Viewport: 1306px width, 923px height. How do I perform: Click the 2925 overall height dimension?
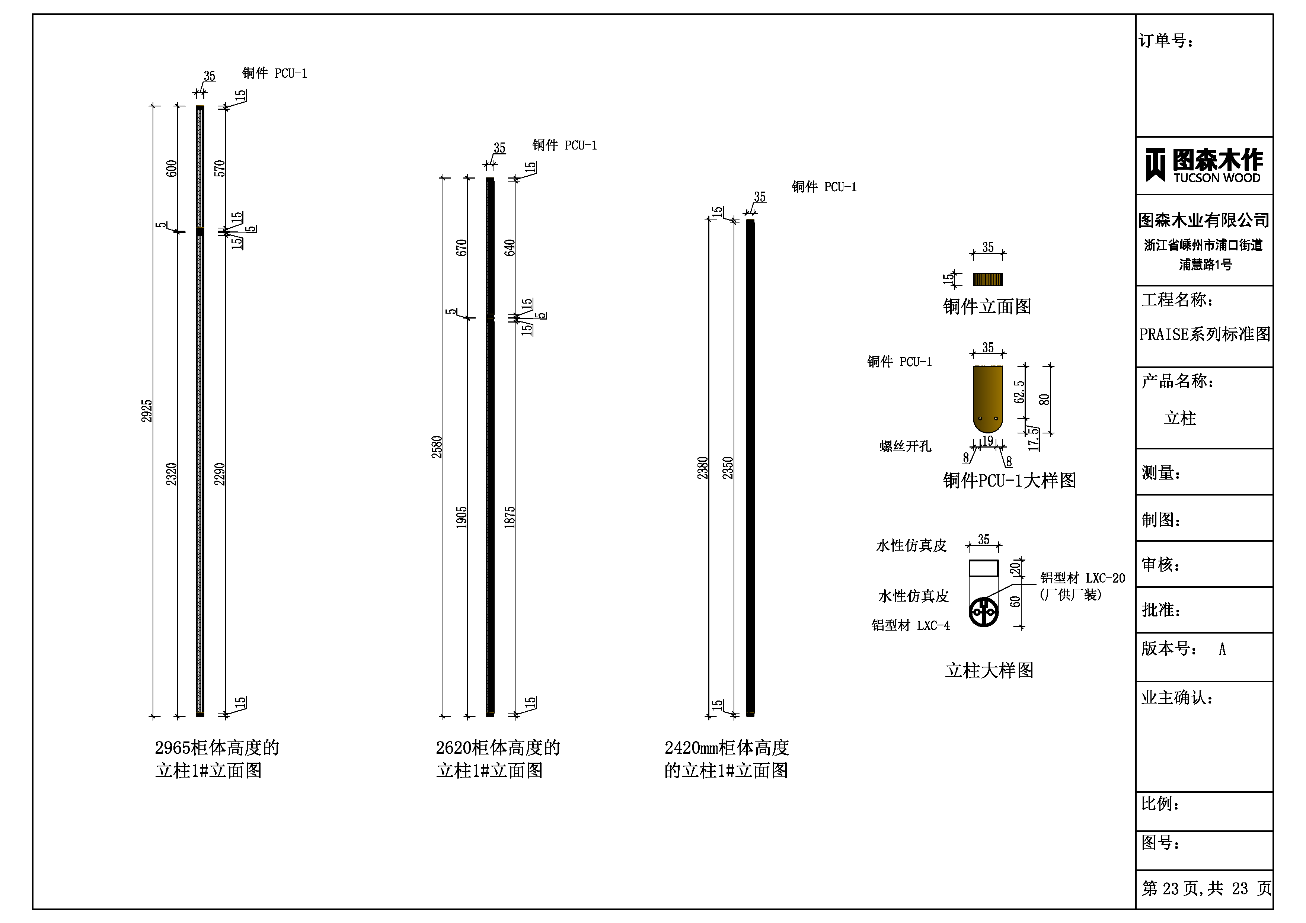click(147, 411)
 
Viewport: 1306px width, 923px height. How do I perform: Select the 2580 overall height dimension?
click(437, 447)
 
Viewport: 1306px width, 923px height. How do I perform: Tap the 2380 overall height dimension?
click(703, 468)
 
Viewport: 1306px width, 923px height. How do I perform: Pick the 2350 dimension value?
click(728, 468)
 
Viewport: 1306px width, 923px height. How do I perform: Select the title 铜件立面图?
click(987, 307)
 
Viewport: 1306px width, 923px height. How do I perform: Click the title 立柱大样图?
click(989, 670)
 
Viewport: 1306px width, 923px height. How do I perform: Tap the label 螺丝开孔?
click(905, 446)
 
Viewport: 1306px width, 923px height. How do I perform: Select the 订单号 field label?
click(1166, 41)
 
